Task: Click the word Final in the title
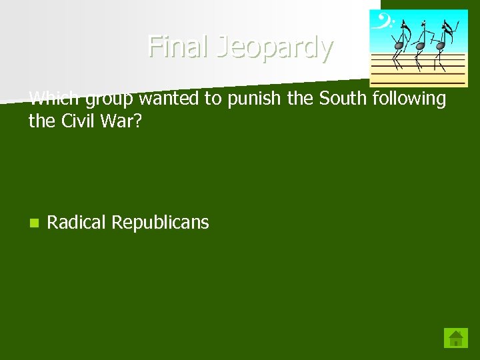coord(175,47)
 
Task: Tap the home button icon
coord(456,338)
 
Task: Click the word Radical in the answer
coord(76,223)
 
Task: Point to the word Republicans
coord(160,223)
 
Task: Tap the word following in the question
coord(408,100)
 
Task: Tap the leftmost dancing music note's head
coord(398,46)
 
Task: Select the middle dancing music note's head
coord(419,46)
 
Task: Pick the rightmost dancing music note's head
coord(440,46)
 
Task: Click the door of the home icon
coord(456,342)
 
